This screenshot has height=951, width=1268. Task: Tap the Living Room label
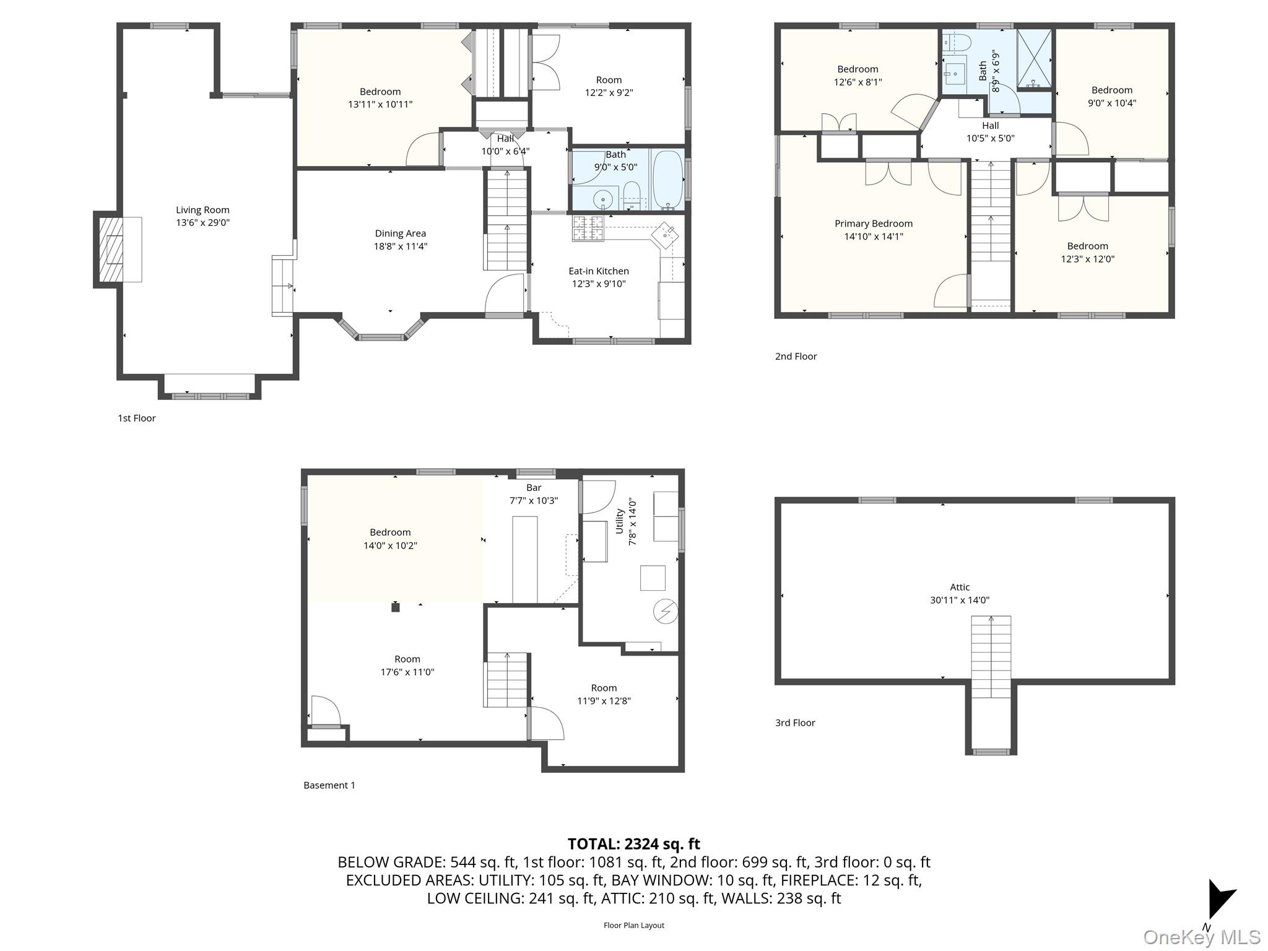pyautogui.click(x=202, y=211)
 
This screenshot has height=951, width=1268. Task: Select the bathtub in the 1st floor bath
pyautogui.click(x=667, y=180)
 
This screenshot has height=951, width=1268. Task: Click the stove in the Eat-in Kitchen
pyautogui.click(x=588, y=228)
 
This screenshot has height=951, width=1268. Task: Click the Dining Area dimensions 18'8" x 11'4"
pyautogui.click(x=400, y=246)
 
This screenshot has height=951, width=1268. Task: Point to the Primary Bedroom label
pyautogui.click(x=873, y=224)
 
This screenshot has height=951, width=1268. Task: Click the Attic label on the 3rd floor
pyautogui.click(x=960, y=587)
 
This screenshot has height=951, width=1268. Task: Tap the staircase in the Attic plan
pyautogui.click(x=991, y=656)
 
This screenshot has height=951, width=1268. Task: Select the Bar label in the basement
pyautogui.click(x=534, y=488)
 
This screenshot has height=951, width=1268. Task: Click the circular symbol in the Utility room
pyautogui.click(x=666, y=612)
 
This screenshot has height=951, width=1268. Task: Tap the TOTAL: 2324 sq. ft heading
pyautogui.click(x=633, y=844)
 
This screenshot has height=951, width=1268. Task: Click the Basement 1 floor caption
pyautogui.click(x=329, y=785)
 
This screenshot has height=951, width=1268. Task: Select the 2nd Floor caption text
pyautogui.click(x=796, y=356)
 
